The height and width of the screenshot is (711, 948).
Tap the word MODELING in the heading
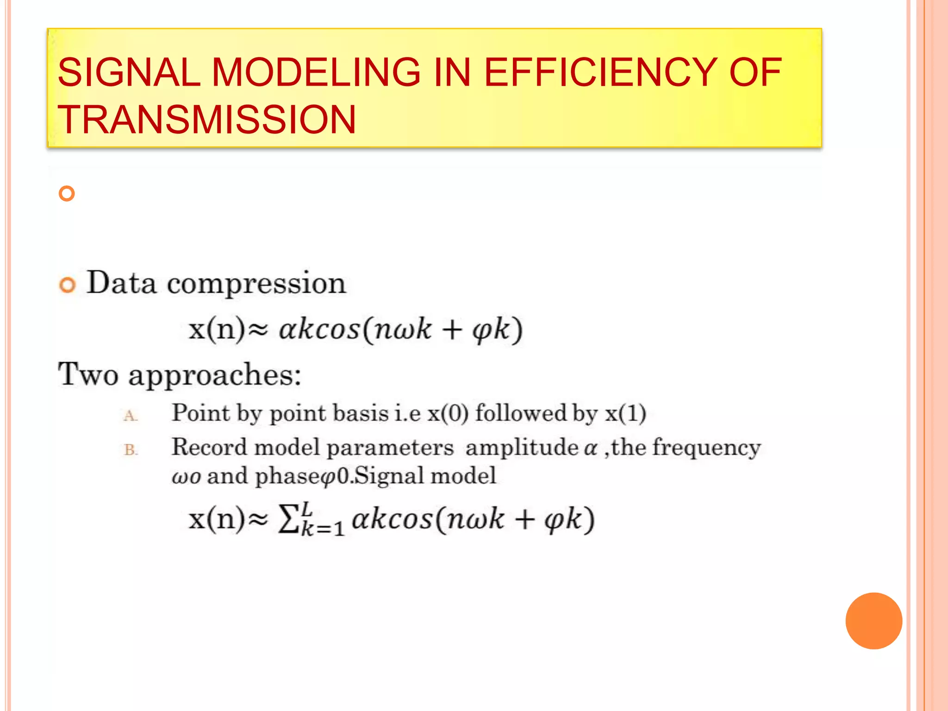[316, 73]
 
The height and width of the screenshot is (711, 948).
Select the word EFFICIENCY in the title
[600, 73]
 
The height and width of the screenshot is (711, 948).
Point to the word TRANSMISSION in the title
[206, 120]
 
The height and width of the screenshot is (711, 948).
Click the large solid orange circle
[873, 621]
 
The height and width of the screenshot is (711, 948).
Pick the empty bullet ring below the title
[67, 193]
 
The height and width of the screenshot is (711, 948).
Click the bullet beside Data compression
[68, 285]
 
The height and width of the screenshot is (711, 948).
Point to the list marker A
[130, 416]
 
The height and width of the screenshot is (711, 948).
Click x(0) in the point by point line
[448, 413]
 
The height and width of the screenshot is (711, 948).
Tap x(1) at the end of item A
[625, 413]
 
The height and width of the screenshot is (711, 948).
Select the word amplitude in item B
[522, 448]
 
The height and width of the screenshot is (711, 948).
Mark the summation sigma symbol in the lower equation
[287, 519]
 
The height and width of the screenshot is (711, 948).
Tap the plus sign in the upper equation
[452, 330]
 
